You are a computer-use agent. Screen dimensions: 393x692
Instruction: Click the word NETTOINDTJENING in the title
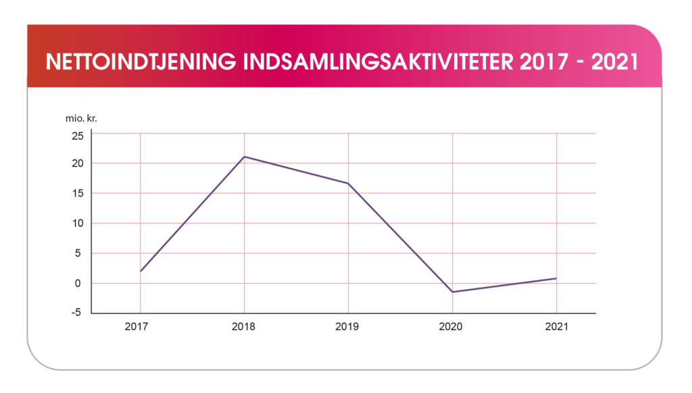[x=139, y=61]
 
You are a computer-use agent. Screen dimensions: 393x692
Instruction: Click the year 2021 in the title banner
[x=615, y=61]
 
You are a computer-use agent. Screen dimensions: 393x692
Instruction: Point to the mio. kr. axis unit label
[x=80, y=118]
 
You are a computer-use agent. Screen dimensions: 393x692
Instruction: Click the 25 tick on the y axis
[x=78, y=135]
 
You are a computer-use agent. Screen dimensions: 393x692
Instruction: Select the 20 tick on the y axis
[x=78, y=163]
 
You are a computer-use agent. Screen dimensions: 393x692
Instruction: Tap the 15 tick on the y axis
[x=78, y=193]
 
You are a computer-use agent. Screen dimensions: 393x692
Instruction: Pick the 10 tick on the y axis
[x=78, y=224]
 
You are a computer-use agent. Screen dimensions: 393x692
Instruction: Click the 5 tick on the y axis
[x=80, y=253]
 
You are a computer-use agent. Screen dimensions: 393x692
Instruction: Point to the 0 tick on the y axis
[x=80, y=284]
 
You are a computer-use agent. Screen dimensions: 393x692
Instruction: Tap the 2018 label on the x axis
[x=244, y=327]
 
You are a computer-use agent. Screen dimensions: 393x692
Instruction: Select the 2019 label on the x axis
[x=348, y=327]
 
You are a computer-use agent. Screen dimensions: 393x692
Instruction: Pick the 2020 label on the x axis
[x=451, y=327]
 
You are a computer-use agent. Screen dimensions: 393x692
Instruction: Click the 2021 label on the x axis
[x=555, y=327]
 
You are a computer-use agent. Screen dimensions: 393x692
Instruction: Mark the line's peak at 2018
[x=244, y=157]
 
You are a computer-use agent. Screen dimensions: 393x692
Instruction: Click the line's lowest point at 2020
[x=452, y=292]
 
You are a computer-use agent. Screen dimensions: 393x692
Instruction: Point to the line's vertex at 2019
[x=348, y=183]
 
